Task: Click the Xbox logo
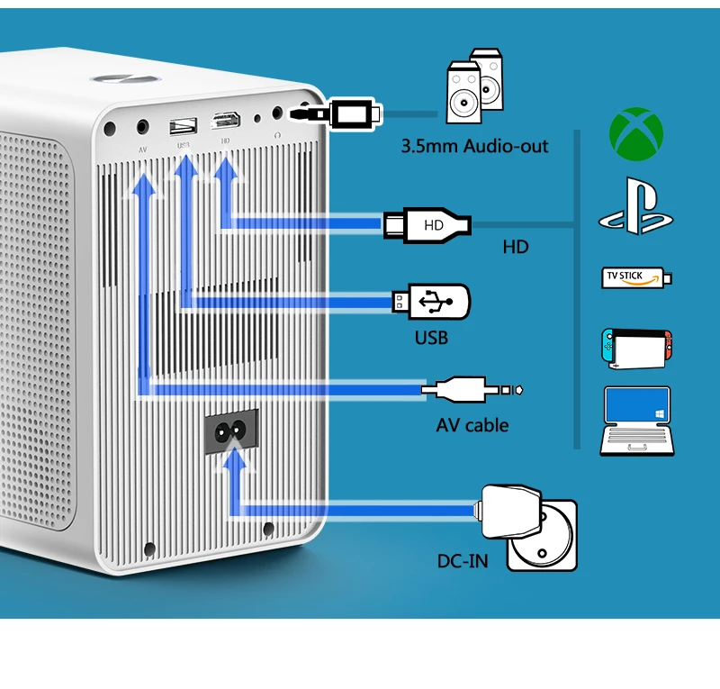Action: (636, 131)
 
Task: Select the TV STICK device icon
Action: (636, 277)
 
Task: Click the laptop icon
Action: (635, 420)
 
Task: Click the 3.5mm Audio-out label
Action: (474, 146)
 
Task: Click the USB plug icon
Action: (431, 301)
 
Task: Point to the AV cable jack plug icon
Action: (472, 390)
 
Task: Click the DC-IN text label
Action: (463, 561)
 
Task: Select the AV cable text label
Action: (472, 425)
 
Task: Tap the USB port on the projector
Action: (182, 122)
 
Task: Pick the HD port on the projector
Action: (223, 121)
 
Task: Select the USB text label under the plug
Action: (430, 339)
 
